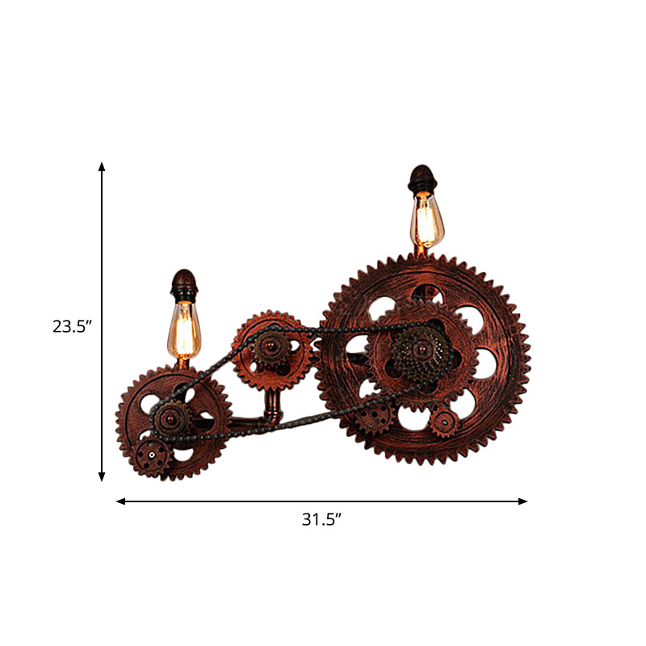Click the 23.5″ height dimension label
click(x=73, y=326)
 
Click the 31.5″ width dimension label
click(x=322, y=520)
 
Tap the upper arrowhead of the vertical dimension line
click(x=102, y=167)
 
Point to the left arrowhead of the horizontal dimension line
click(x=121, y=501)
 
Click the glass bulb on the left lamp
click(x=185, y=331)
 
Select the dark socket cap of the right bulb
click(x=422, y=179)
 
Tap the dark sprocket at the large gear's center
click(x=417, y=353)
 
